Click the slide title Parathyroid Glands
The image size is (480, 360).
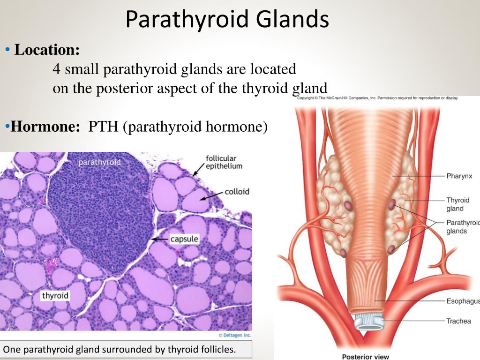click(x=227, y=19)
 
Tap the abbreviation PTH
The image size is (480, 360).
click(x=103, y=127)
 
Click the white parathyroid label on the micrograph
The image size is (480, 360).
click(x=99, y=162)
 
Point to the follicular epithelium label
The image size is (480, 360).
click(x=224, y=162)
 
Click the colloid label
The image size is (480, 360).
click(x=237, y=192)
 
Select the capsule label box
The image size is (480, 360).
click(x=184, y=239)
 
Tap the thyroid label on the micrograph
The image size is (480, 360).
click(x=55, y=295)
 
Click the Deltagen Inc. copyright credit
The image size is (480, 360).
click(x=235, y=335)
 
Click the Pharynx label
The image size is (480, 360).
click(x=459, y=176)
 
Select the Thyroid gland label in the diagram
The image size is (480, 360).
click(x=457, y=204)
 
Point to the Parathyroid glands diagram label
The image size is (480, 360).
click(x=463, y=227)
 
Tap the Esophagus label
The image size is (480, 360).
click(x=463, y=301)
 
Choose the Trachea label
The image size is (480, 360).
click(x=458, y=321)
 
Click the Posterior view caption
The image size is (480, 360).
click(x=366, y=357)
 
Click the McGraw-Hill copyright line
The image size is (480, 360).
click(x=378, y=98)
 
